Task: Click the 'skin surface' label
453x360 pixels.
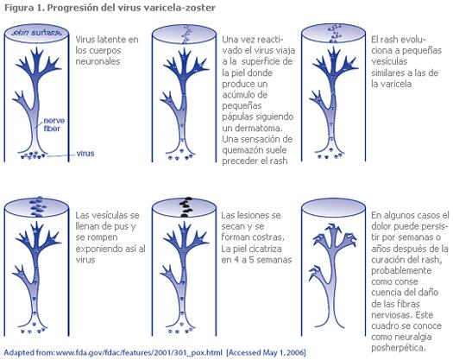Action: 36,33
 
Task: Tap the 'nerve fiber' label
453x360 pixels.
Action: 54,124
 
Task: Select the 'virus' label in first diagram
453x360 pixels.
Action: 85,153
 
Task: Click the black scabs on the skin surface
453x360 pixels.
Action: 186,206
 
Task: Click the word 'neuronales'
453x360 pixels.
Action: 98,61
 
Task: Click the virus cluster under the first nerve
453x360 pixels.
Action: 34,155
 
